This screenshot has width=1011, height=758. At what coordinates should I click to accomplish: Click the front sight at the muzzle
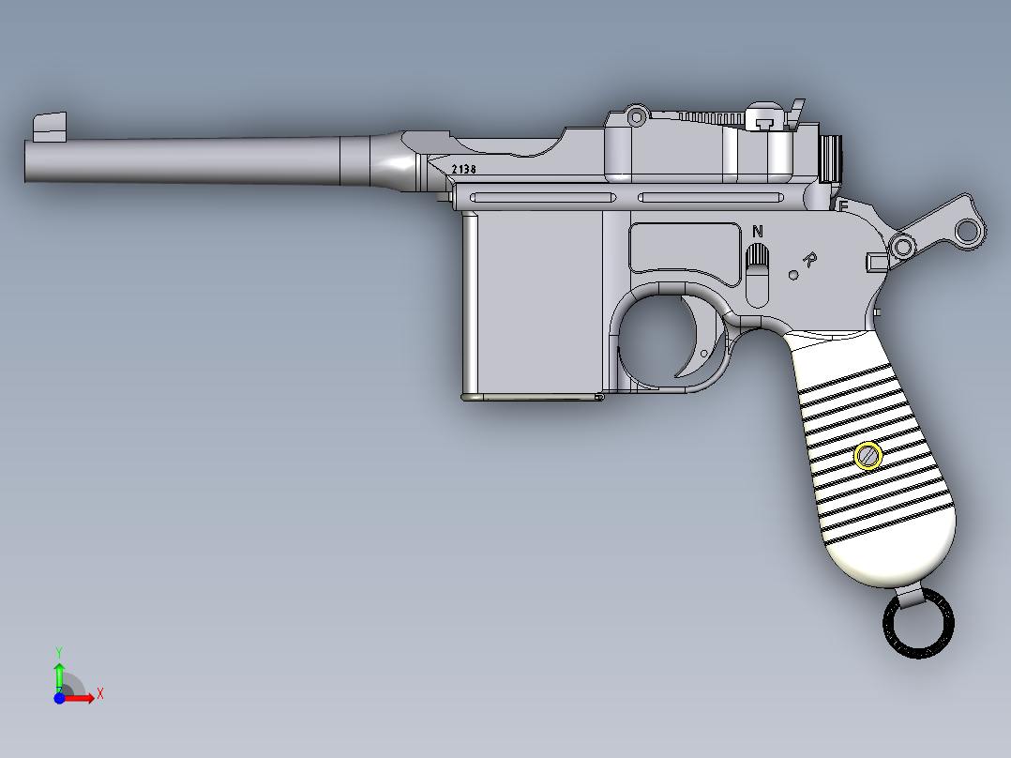(50, 127)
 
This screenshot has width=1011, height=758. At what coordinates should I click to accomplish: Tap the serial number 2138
(463, 170)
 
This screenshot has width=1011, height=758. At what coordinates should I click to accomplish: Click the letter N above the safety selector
(758, 231)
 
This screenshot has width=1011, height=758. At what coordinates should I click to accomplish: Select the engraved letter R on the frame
(810, 259)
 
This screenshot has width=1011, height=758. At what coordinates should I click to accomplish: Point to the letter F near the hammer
(843, 205)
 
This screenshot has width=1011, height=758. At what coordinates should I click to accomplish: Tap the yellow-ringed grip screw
(868, 456)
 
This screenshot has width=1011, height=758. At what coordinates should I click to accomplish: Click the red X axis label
(99, 694)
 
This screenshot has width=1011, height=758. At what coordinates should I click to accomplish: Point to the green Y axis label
(59, 650)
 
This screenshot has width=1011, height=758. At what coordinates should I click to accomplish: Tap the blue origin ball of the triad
(59, 698)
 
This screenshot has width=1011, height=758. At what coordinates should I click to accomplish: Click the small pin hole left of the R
(792, 275)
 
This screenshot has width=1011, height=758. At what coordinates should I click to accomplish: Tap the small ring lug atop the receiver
(637, 116)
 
